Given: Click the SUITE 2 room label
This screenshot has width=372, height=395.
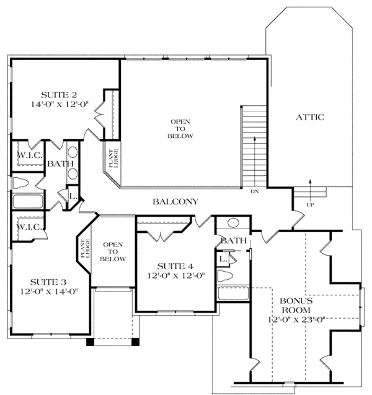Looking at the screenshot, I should coord(59,95).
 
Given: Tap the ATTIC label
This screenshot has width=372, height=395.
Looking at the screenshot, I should coord(309,117).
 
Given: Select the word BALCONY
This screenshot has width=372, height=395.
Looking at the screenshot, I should coord(176,201).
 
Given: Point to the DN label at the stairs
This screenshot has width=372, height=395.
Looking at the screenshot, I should coord(254,192).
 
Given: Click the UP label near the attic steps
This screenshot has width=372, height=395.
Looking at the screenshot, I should coord(310,203).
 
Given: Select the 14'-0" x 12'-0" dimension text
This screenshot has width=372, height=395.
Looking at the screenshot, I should coord(59,105).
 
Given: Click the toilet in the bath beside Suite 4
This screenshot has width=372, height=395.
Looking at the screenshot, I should coord(227,276).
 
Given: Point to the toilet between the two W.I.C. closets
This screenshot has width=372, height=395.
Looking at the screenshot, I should coord(22,183).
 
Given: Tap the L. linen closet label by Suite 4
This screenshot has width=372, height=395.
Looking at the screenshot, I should coord(221,258).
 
